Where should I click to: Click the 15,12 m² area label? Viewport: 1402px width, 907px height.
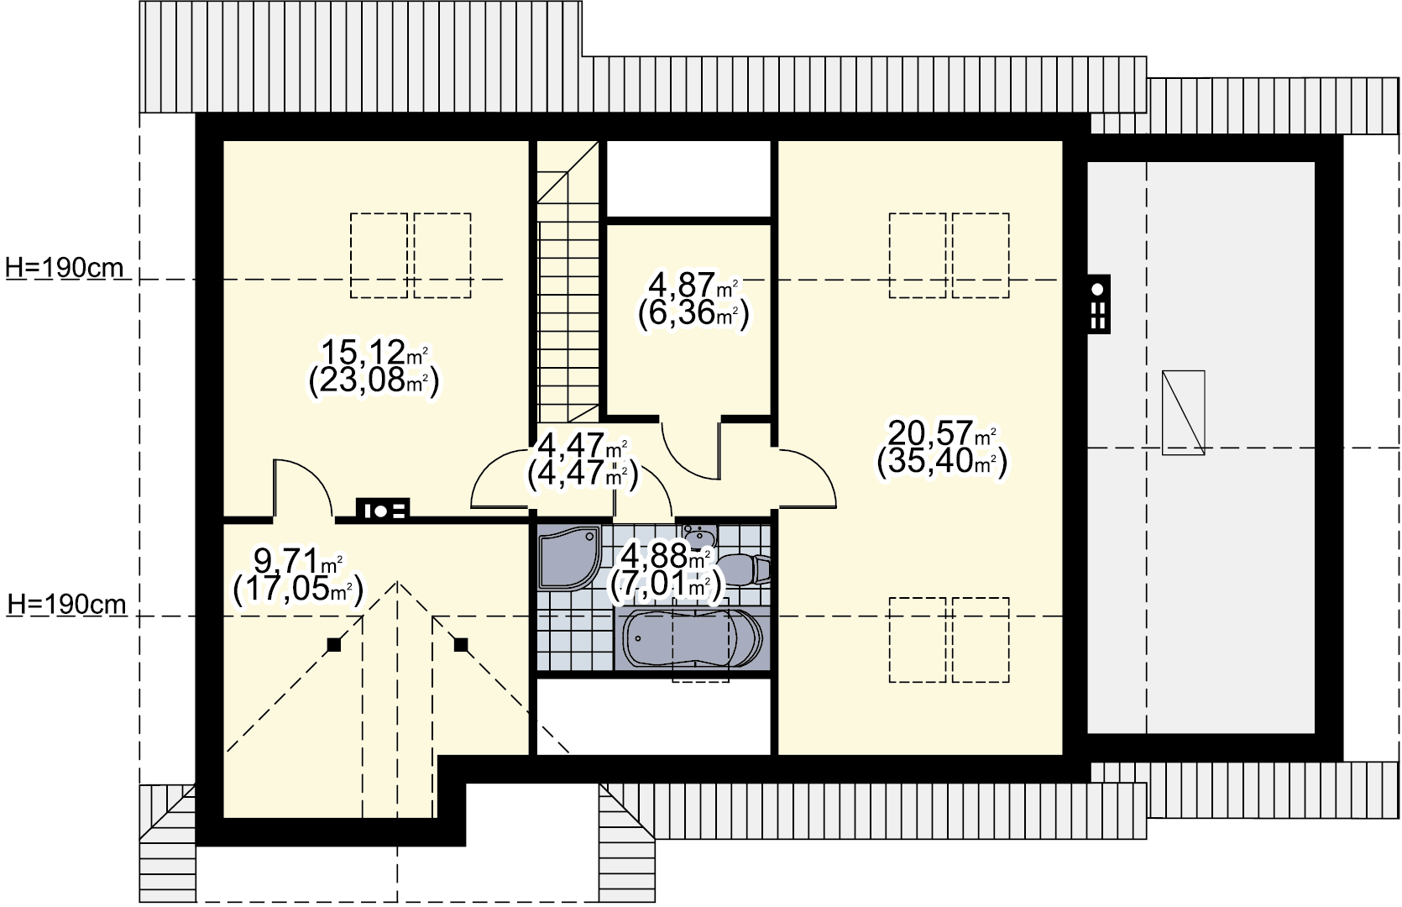374,352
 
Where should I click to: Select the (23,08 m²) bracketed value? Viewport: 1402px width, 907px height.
374,380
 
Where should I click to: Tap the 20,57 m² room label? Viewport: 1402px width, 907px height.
942,433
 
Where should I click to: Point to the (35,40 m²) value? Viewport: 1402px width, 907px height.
942,463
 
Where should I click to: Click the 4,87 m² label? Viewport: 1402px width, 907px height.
693,285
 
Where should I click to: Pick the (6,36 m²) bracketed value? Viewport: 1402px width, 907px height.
693,313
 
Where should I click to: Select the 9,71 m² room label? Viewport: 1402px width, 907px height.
298,559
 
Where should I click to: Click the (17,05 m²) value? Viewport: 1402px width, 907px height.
298,590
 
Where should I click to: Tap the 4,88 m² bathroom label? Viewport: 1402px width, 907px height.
666,555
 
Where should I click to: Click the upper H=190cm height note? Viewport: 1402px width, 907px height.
65,268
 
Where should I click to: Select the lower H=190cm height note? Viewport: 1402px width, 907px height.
66,605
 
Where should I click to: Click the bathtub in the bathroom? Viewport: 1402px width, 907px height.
692,638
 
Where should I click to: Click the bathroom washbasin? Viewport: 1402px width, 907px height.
700,537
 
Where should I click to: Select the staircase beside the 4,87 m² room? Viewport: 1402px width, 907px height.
568,281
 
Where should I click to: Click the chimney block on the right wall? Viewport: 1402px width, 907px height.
1098,303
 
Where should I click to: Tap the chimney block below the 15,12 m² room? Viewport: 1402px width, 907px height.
383,510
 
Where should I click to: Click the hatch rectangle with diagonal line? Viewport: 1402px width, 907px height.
1184,412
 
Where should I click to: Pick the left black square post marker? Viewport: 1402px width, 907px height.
333,644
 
